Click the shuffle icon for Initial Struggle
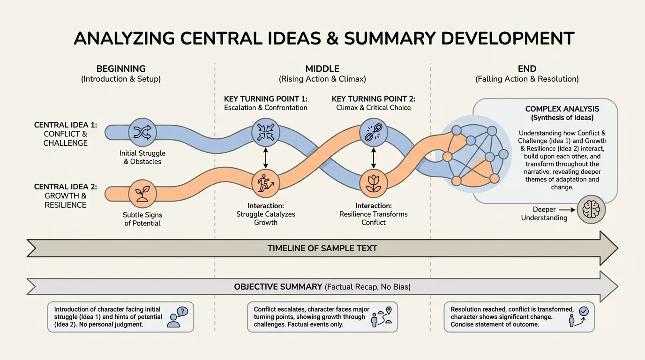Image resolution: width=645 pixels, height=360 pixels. click(x=142, y=133)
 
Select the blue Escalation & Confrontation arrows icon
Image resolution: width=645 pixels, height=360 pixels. click(x=266, y=132)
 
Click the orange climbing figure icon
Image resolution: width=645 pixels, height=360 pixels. click(x=266, y=183)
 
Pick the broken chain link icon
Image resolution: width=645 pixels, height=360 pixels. click(x=374, y=132)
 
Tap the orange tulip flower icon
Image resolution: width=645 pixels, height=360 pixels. click(x=374, y=183)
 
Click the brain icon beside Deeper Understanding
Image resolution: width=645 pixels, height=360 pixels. click(x=591, y=210)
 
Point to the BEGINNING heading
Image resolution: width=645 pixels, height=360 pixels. click(x=121, y=69)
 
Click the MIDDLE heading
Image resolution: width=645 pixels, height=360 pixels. click(x=322, y=69)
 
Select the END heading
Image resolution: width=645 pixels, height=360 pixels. click(x=527, y=69)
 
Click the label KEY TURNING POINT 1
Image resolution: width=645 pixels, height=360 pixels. click(x=265, y=99)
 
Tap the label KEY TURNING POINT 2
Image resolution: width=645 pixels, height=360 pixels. click(x=373, y=99)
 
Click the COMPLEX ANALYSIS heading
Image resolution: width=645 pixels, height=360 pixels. click(x=562, y=109)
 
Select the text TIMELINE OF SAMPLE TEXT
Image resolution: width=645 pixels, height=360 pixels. click(x=322, y=248)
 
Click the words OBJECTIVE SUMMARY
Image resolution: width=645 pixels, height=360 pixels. click(x=278, y=286)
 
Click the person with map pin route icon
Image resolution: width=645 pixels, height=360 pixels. click(x=381, y=317)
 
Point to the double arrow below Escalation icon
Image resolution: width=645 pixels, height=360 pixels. click(x=266, y=157)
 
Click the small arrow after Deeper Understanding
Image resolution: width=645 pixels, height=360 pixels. click(x=566, y=210)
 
